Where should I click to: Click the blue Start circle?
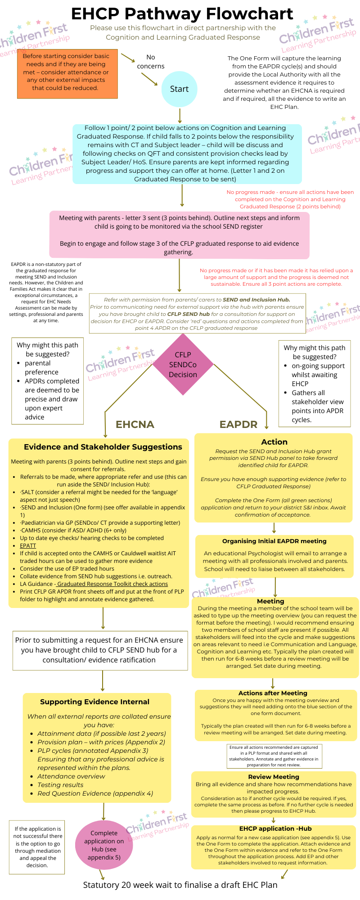tap(179, 89)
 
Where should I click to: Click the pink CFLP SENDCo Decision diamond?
tap(183, 364)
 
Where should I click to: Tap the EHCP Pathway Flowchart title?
tap(182, 14)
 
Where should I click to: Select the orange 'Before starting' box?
tap(67, 74)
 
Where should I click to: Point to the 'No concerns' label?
tap(151, 62)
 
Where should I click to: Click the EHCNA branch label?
tap(135, 424)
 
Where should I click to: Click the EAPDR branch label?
tap(238, 424)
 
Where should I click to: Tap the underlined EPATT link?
tap(28, 545)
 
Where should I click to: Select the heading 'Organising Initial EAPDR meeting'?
tap(274, 541)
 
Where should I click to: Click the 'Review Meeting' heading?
tap(274, 777)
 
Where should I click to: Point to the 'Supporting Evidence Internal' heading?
tap(94, 702)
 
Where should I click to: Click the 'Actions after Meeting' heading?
tap(273, 693)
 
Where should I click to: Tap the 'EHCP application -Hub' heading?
tap(275, 828)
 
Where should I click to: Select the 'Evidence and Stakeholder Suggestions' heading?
tap(103, 447)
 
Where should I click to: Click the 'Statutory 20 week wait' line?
tap(180, 885)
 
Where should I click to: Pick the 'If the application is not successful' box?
tap(37, 847)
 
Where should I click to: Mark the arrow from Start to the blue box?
tap(180, 115)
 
